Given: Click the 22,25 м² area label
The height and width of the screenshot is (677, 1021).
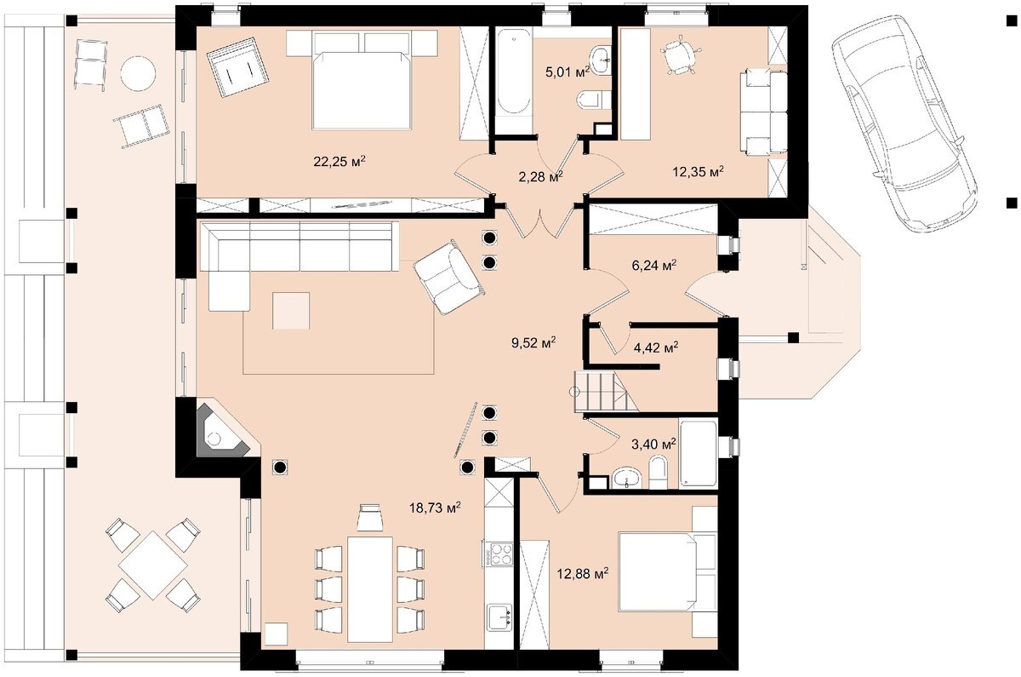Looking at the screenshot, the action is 339,162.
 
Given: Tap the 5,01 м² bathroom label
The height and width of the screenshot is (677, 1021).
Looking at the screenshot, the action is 568,72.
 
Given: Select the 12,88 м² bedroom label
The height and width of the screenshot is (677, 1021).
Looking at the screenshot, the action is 583,573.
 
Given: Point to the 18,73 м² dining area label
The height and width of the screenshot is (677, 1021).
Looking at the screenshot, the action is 435,508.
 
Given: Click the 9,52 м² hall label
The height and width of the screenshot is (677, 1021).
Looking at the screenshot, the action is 533,342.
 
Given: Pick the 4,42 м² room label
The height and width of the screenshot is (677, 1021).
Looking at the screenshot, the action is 656,348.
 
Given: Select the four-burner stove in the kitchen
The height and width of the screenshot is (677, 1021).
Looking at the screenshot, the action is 499,554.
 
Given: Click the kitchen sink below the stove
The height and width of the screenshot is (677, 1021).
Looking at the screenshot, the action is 499,617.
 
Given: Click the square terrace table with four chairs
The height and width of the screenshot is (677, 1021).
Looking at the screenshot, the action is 152,565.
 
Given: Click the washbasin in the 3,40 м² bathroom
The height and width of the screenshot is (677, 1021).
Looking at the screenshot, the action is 628,478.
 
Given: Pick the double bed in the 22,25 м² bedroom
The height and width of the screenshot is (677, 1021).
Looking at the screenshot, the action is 362,80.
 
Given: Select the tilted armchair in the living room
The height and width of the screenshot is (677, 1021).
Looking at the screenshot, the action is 448,278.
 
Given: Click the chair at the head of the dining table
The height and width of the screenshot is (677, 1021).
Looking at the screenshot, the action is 369,519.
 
